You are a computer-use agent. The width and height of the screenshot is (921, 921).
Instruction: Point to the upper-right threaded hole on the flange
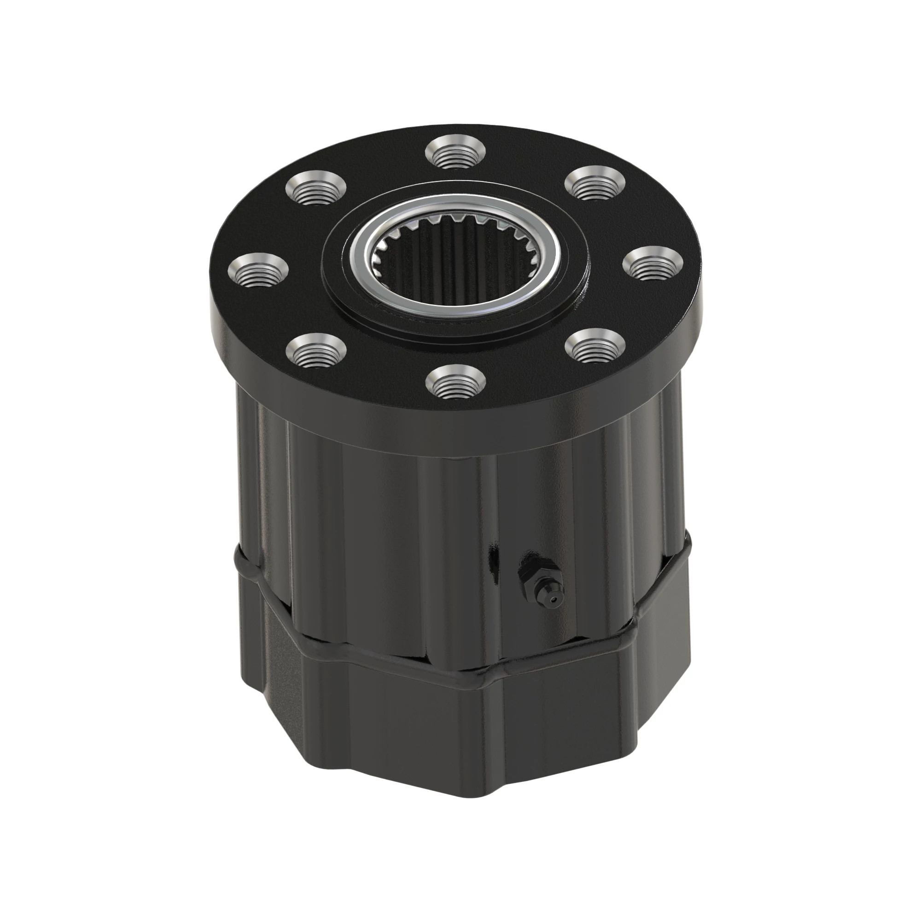point(595,184)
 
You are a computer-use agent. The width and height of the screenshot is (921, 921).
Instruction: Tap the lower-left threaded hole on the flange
point(315,350)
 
